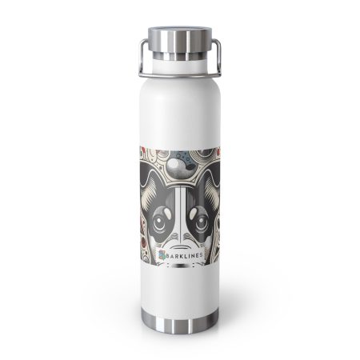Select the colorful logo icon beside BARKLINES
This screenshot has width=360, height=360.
point(162,255)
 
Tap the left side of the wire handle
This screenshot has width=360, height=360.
point(141,58)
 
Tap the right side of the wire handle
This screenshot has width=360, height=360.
point(219,58)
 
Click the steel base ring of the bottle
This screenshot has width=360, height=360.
point(180,322)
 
